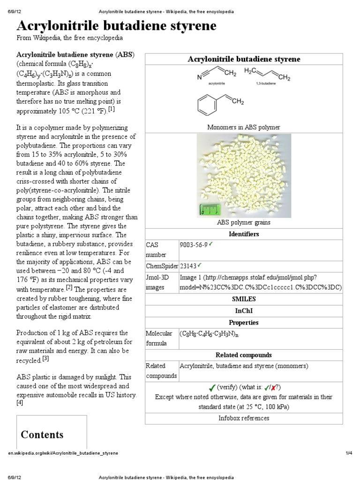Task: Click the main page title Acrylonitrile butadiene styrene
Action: (116, 26)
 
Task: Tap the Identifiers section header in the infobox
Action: (244, 233)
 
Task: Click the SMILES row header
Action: (244, 298)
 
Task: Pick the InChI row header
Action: (244, 310)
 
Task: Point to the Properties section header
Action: (244, 322)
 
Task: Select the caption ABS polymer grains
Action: (244, 222)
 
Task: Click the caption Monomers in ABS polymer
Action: (244, 127)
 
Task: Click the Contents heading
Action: (42, 435)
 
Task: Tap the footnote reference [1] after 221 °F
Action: (111, 109)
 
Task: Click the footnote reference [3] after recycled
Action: (45, 359)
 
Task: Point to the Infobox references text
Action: (244, 418)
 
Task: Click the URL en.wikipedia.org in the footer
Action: (63, 453)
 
